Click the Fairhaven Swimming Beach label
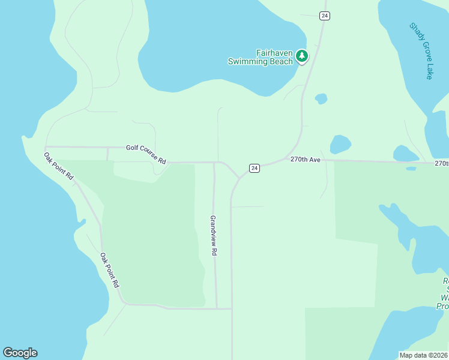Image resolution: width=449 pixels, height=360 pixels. pyautogui.click(x=259, y=57)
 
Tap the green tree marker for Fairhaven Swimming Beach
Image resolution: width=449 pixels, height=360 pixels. pyautogui.click(x=301, y=57)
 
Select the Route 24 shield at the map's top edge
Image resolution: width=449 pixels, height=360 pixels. pyautogui.click(x=324, y=16)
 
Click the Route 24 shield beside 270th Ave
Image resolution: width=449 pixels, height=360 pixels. pyautogui.click(x=255, y=168)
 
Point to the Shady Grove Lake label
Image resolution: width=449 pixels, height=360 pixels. pyautogui.click(x=421, y=51)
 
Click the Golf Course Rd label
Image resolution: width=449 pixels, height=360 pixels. pyautogui.click(x=146, y=154)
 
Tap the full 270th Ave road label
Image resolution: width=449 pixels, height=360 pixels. pyautogui.click(x=306, y=160)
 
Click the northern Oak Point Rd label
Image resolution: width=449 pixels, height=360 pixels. pyautogui.click(x=58, y=167)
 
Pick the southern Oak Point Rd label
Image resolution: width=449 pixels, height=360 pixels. pyautogui.click(x=110, y=269)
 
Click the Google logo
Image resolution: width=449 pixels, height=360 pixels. pyautogui.click(x=20, y=353)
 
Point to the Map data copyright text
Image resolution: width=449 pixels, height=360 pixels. pyautogui.click(x=423, y=355)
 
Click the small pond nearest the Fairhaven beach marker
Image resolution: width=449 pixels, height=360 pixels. pyautogui.click(x=321, y=98)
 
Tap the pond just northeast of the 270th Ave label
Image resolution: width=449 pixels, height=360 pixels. pyautogui.click(x=340, y=144)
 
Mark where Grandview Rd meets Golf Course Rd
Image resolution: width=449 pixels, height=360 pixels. pyautogui.click(x=214, y=162)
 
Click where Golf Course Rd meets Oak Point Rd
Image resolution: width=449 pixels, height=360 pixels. pyautogui.click(x=46, y=146)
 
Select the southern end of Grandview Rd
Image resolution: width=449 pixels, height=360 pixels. pyautogui.click(x=217, y=308)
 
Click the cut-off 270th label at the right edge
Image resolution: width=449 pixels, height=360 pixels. pyautogui.click(x=441, y=163)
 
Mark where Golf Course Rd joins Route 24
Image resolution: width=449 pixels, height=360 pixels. pyautogui.click(x=240, y=178)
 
